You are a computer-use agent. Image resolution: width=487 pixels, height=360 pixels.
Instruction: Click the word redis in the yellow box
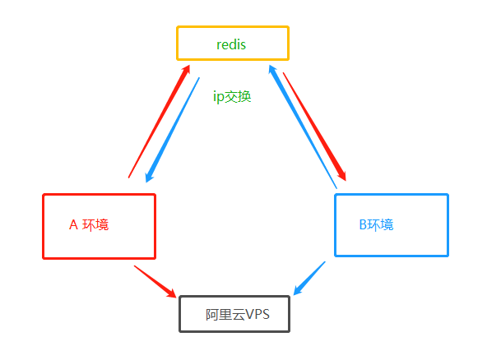232,44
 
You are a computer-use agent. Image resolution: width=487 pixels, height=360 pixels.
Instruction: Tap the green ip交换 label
232,97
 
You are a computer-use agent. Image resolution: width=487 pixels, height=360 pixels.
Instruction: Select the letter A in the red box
72,224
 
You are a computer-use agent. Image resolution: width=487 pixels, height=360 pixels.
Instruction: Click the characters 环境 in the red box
95,224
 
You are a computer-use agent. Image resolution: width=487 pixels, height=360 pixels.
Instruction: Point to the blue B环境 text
376,224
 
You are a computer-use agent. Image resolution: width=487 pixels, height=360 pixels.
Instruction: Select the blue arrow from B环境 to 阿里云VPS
309,278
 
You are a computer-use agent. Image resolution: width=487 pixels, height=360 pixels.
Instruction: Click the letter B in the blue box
363,224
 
